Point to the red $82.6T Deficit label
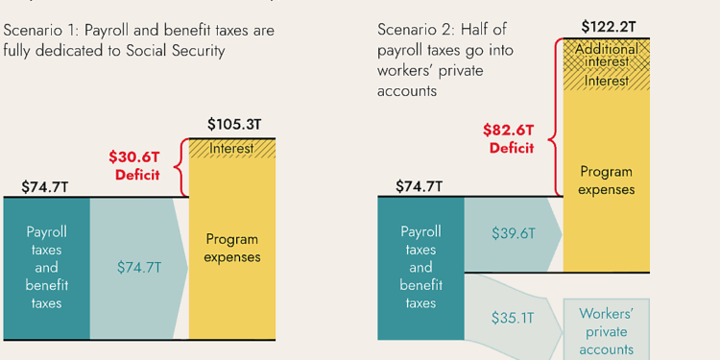tap(512, 137)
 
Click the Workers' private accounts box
tap(606, 331)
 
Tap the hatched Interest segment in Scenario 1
tap(231, 149)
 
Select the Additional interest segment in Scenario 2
tap(606, 55)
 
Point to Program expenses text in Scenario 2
tap(606, 180)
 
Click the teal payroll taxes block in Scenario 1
tap(46, 268)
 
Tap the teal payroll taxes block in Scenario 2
tap(420, 268)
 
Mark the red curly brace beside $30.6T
tap(179, 166)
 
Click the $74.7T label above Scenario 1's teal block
tap(45, 186)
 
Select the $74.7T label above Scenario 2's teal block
tap(420, 186)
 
